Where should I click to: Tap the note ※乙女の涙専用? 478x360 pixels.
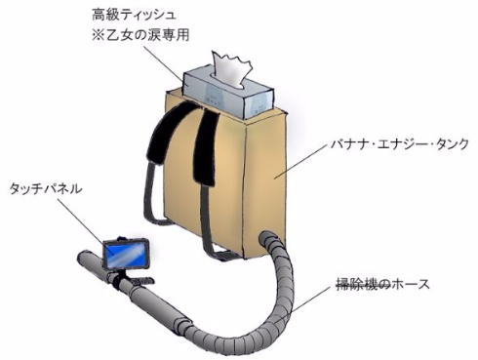140,35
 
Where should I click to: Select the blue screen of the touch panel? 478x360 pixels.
127,256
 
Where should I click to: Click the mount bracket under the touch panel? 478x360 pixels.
125,279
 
